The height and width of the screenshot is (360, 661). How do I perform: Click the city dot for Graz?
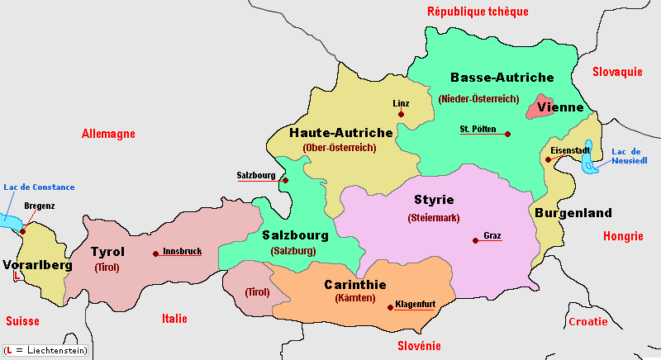(x=474, y=241)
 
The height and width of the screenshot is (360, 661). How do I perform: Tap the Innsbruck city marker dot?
(x=155, y=254)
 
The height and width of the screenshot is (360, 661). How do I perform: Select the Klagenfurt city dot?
(x=390, y=308)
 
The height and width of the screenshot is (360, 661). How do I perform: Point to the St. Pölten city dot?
(x=507, y=134)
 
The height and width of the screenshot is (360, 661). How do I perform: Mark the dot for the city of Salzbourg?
(x=285, y=180)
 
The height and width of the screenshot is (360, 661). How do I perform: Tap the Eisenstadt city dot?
(x=548, y=159)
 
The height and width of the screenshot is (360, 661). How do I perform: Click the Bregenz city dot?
(x=23, y=230)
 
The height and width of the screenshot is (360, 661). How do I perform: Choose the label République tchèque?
(x=477, y=12)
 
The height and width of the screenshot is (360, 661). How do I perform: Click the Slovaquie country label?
(x=617, y=72)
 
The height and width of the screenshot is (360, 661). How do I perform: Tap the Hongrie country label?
(x=622, y=236)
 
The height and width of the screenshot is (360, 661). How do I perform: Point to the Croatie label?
(x=588, y=321)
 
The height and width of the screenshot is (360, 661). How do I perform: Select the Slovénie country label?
(x=419, y=346)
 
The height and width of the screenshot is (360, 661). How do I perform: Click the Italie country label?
(x=174, y=319)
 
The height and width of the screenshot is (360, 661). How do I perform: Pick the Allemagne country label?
(x=108, y=134)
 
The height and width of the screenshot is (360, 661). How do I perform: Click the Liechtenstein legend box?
(x=45, y=351)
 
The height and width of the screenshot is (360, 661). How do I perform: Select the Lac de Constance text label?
(x=38, y=187)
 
